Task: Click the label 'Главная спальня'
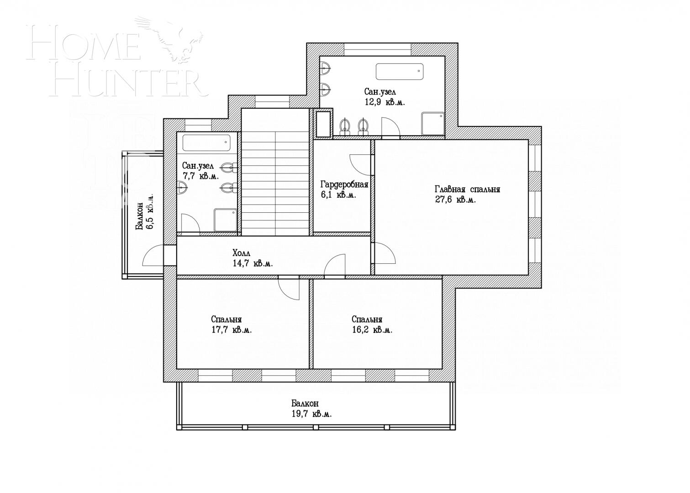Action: tap(467, 189)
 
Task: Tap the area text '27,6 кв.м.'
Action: tap(456, 200)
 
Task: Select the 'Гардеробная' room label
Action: tap(344, 184)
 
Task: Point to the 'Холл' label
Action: tap(242, 253)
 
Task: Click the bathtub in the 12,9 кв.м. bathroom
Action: tap(399, 71)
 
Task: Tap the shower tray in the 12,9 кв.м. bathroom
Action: tap(432, 124)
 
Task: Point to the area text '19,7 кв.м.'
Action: tap(311, 414)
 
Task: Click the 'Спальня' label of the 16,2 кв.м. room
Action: tap(367, 320)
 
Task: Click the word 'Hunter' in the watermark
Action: tap(126, 83)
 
